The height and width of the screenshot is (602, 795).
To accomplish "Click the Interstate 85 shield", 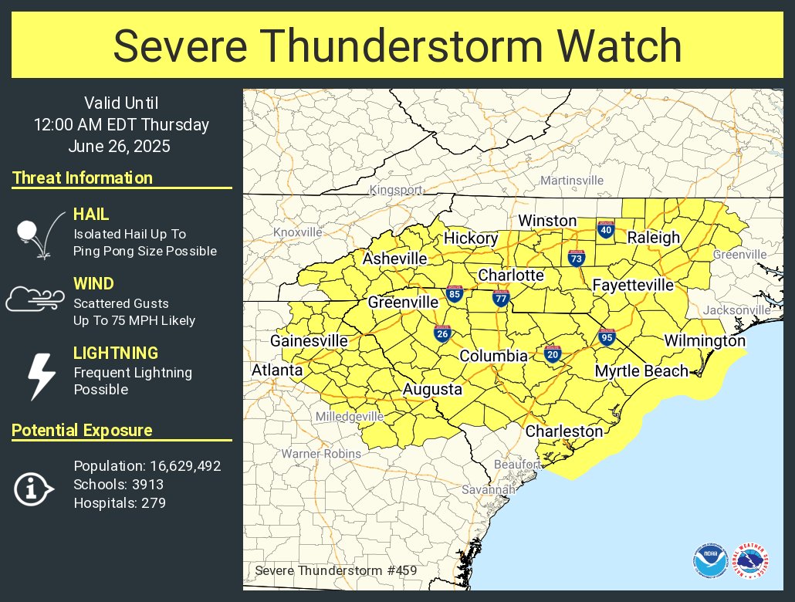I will coord(455,294).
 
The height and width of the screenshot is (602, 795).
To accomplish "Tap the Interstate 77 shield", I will coord(501,298).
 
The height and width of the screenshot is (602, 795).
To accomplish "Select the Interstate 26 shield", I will coord(442,333).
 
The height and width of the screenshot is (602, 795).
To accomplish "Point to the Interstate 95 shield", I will coord(606,337).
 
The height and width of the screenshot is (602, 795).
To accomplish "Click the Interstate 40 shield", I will coord(606,229).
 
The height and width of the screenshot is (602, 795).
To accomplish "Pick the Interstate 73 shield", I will coord(576,259).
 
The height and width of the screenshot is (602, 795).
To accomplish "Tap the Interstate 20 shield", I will coord(552,353).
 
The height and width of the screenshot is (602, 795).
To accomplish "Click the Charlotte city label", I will coord(511,276).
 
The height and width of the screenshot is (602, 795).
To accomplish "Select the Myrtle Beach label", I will coord(641,371).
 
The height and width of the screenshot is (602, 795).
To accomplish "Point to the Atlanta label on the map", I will coord(277,370).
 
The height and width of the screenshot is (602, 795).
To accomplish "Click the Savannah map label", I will coord(489,490).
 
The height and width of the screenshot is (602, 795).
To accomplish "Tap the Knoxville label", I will coord(298,232).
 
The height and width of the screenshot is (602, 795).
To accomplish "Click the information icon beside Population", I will coord(33,489).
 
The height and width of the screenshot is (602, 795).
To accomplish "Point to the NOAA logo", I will coord(709,561).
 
